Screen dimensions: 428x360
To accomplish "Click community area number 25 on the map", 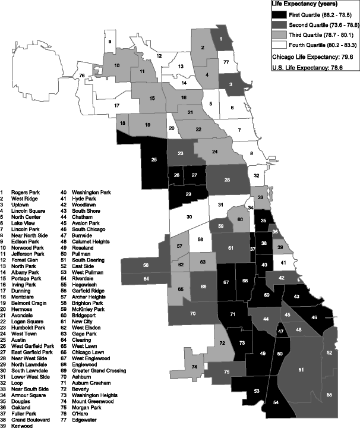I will click(154, 160).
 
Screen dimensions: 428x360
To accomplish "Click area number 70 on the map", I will click(192, 313).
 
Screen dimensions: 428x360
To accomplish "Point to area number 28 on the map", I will click(227, 179).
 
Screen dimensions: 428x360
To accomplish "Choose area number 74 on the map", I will click(194, 369).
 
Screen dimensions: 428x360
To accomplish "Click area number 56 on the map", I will click(146, 264).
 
